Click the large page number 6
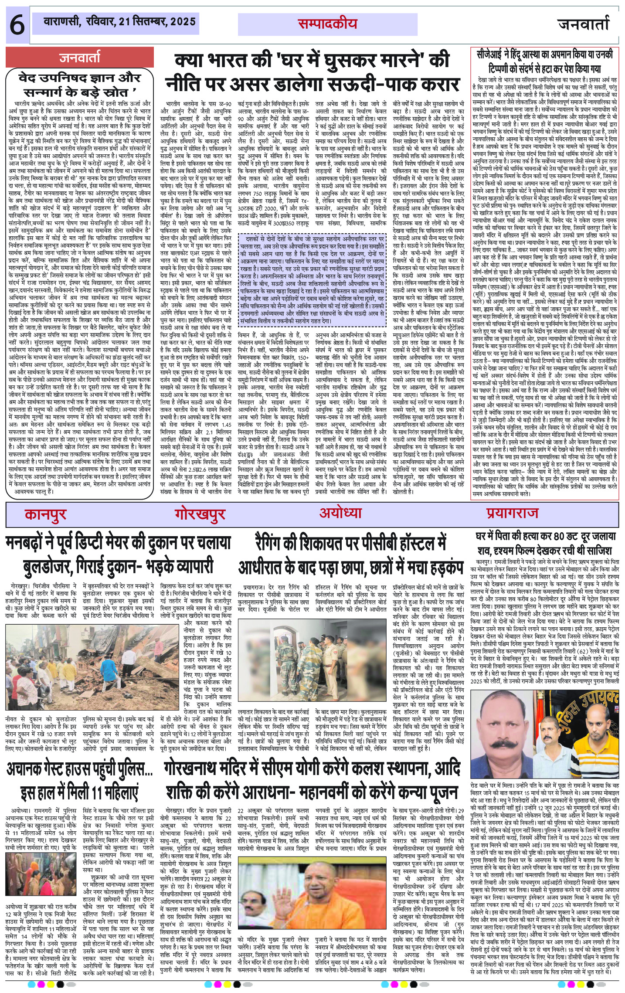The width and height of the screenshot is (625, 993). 17,25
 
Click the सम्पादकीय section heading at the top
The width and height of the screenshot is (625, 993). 327,24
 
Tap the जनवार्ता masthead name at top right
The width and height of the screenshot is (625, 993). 583,24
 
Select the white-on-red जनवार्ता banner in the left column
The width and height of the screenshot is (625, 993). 80,58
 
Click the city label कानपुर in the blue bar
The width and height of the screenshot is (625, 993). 45,514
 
